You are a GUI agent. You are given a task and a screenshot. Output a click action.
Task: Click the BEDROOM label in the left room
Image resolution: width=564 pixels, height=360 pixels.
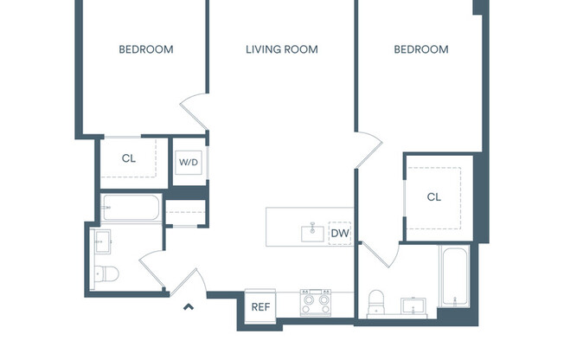click(146, 49)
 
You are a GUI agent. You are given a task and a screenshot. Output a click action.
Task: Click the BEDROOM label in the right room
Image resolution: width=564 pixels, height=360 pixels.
click(421, 49)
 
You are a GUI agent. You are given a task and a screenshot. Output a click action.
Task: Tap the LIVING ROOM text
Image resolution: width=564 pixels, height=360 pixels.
click(281, 49)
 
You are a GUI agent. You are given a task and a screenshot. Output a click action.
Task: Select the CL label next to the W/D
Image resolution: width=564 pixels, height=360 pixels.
click(128, 158)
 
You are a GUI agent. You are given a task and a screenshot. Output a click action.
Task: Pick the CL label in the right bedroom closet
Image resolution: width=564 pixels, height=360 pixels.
click(433, 197)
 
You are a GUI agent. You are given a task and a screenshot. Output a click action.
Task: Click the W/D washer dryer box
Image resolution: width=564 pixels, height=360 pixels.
click(189, 162)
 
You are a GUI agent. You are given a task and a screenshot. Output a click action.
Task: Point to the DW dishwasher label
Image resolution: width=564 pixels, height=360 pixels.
click(339, 233)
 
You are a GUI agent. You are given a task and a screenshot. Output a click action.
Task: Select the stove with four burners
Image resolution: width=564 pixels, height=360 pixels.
click(316, 303)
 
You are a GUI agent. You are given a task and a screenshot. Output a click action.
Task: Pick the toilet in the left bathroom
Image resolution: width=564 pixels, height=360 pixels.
click(107, 274)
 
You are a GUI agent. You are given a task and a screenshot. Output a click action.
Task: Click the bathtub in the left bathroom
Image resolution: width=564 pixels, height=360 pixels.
click(131, 209)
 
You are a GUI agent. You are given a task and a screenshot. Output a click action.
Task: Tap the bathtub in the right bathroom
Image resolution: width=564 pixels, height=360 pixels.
click(454, 277)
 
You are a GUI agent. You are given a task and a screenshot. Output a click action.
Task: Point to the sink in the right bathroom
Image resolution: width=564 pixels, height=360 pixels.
click(413, 305)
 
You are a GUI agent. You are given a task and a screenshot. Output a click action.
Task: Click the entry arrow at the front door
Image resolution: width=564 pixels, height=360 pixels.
click(188, 305)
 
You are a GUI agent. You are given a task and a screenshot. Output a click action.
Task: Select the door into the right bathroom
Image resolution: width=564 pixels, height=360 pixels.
click(377, 255)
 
